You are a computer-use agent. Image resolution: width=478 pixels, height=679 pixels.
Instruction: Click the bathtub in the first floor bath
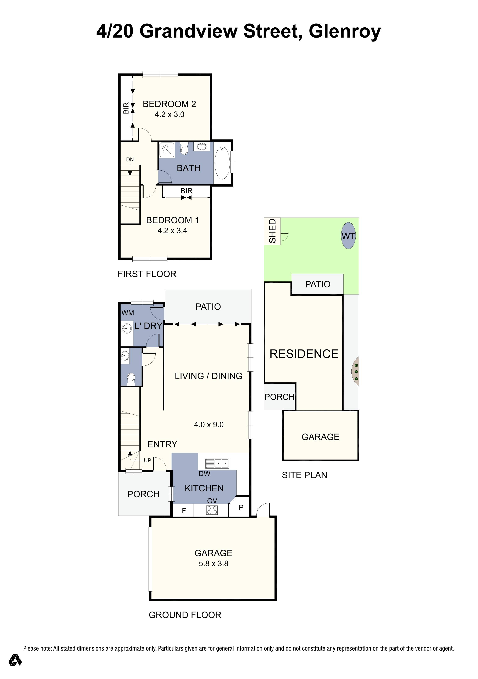[222, 163]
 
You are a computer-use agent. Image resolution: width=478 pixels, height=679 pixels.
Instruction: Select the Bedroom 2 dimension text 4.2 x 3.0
[169, 115]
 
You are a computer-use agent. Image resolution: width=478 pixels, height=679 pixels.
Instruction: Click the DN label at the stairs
[130, 159]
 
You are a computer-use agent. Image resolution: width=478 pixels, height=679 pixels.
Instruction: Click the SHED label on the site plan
[272, 231]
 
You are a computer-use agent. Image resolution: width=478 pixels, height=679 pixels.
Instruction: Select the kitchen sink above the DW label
[217, 463]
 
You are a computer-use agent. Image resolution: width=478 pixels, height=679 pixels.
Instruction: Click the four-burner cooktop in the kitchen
[212, 510]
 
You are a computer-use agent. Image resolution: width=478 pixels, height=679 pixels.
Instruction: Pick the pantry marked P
[241, 507]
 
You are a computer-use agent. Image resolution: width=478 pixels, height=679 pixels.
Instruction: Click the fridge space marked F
[184, 511]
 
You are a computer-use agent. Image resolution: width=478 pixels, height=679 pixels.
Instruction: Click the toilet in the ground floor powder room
[131, 379]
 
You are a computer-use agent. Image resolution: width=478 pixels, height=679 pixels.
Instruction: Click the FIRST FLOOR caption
[147, 274]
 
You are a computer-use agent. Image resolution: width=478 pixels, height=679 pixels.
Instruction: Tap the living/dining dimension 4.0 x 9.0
[209, 425]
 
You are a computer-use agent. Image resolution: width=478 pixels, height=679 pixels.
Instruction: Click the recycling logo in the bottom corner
[15, 668]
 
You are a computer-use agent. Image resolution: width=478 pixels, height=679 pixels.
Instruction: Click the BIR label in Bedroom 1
[186, 191]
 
